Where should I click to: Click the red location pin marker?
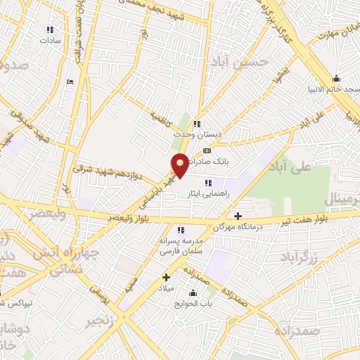[x=181, y=164]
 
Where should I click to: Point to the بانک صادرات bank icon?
[x=207, y=150]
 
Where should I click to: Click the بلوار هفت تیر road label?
[x=327, y=217]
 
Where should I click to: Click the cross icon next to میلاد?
[x=167, y=278]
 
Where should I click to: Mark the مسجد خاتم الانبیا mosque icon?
[x=336, y=78]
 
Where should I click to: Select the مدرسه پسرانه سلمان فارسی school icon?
[x=181, y=229]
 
